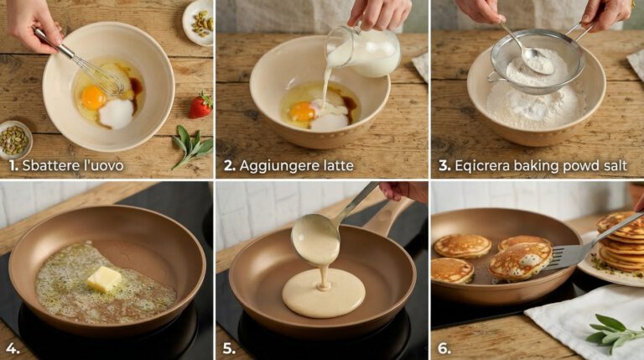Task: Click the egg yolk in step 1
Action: pos(94,98)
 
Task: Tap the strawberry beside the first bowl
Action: pos(201,106)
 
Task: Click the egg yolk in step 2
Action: pos(303,112)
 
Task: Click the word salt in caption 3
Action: pos(615,165)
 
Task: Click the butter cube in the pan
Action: pos(104,279)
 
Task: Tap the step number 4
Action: pos(13,349)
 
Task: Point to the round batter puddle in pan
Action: pos(323,293)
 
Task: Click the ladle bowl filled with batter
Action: pos(315,239)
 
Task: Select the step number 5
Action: pos(229,349)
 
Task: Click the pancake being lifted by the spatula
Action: pos(520,261)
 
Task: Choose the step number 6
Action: pos(444,349)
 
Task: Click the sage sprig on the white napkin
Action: pos(614,332)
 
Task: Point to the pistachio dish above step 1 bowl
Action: pos(199,23)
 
